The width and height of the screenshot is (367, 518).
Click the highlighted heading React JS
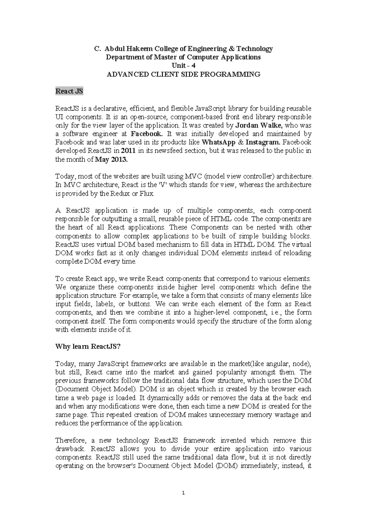pyautogui.click(x=69, y=91)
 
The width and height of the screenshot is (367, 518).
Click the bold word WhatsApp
pyautogui.click(x=217, y=142)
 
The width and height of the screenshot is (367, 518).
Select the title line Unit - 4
pyautogui.click(x=183, y=65)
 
